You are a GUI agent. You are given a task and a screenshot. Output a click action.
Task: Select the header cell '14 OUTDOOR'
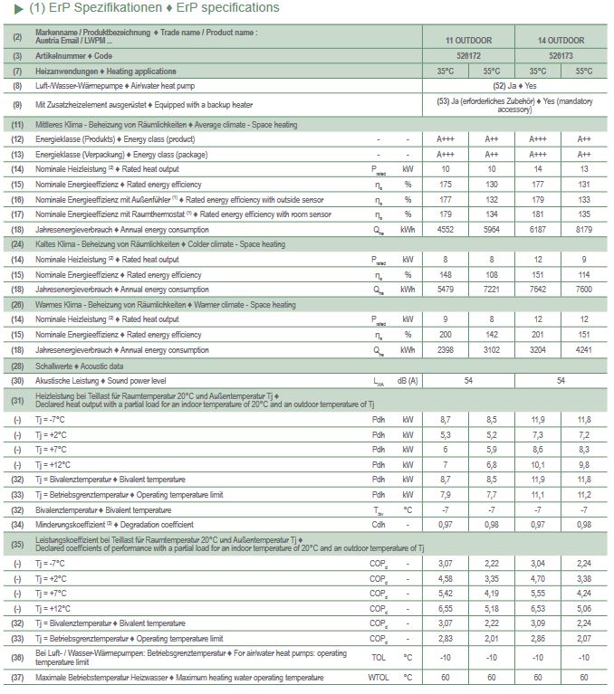pyautogui.click(x=561, y=41)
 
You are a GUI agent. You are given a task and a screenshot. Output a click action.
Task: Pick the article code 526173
pyautogui.click(x=561, y=56)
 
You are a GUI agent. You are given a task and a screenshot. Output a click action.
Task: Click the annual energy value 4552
pyautogui.click(x=445, y=229)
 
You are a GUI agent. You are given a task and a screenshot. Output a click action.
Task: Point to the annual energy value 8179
pyautogui.click(x=584, y=229)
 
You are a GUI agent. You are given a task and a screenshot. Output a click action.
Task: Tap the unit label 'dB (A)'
pyautogui.click(x=408, y=380)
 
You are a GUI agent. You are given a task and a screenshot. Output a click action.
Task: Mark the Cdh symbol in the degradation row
pyautogui.click(x=379, y=524)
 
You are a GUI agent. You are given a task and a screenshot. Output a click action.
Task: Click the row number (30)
pyautogui.click(x=17, y=380)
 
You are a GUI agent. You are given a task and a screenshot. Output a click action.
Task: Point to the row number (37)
pyautogui.click(x=17, y=678)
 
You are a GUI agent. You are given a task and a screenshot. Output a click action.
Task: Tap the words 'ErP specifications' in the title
pyautogui.click(x=229, y=8)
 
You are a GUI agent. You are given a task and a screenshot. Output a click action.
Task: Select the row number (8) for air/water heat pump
pyautogui.click(x=17, y=85)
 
